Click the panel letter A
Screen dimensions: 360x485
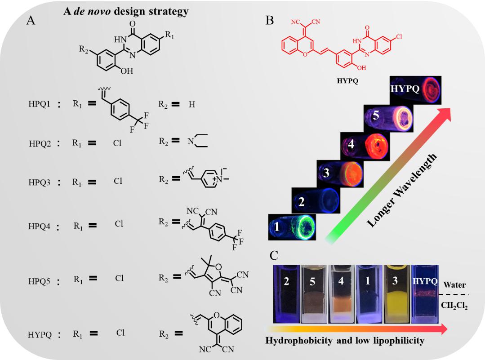click(x=31, y=21)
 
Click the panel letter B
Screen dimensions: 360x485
click(x=269, y=21)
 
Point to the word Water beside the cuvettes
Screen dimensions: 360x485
click(x=454, y=284)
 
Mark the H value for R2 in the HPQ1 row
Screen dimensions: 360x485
click(x=192, y=104)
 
